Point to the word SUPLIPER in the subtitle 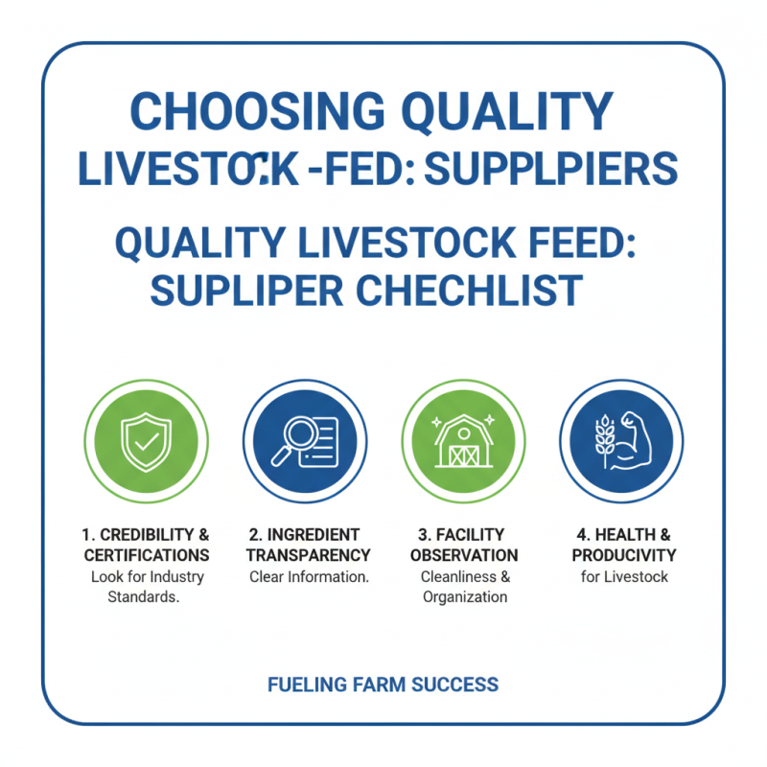(x=242, y=290)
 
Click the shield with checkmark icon (x=146, y=441)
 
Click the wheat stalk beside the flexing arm (x=605, y=441)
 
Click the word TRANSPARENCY (x=308, y=555)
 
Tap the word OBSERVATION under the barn (x=464, y=555)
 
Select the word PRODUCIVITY (x=624, y=555)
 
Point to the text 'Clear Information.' (x=309, y=577)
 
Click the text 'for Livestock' (x=624, y=577)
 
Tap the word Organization (x=465, y=597)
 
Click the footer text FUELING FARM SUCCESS (x=383, y=685)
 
